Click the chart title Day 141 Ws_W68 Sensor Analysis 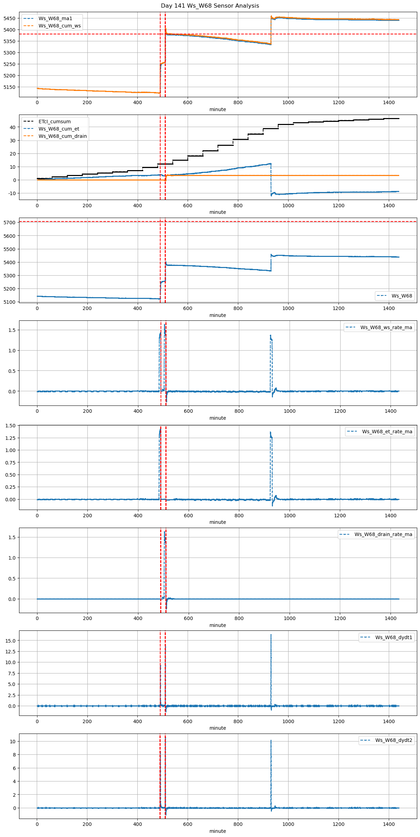[x=210, y=6]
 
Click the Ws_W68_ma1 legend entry [x=55, y=18]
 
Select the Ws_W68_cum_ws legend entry [x=59, y=26]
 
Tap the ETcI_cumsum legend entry [x=54, y=122]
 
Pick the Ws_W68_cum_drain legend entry [x=62, y=136]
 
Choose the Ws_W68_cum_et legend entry [x=59, y=129]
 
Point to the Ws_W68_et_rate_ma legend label [x=387, y=432]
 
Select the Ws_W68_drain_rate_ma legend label [x=383, y=534]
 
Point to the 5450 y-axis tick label [x=9, y=18]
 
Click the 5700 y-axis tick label [x=9, y=223]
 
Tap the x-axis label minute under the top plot [x=217, y=109]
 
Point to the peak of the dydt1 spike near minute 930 [x=271, y=635]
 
